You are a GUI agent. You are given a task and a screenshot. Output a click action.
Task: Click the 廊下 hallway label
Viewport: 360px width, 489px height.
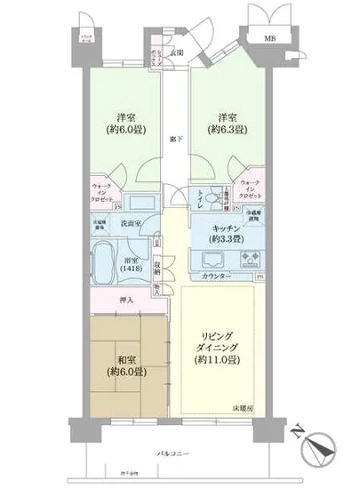tap(174, 140)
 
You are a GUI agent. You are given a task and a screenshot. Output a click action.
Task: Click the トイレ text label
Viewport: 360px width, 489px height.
tap(201, 204)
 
